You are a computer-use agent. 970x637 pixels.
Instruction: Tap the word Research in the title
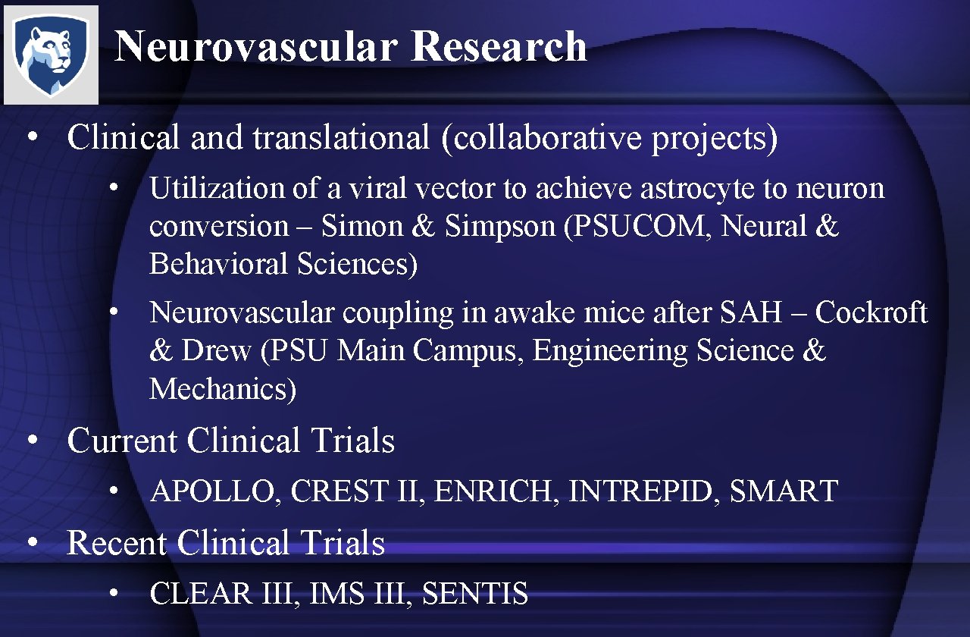tap(499, 47)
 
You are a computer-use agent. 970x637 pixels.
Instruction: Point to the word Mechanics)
tap(223, 389)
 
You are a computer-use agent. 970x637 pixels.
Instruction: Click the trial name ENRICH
tap(497, 491)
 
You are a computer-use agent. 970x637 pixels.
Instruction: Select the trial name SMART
tap(783, 491)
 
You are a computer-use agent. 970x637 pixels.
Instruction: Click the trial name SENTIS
tap(474, 594)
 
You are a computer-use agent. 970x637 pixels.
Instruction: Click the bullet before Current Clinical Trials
tap(33, 441)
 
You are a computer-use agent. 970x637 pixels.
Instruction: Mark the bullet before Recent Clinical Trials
tap(33, 544)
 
